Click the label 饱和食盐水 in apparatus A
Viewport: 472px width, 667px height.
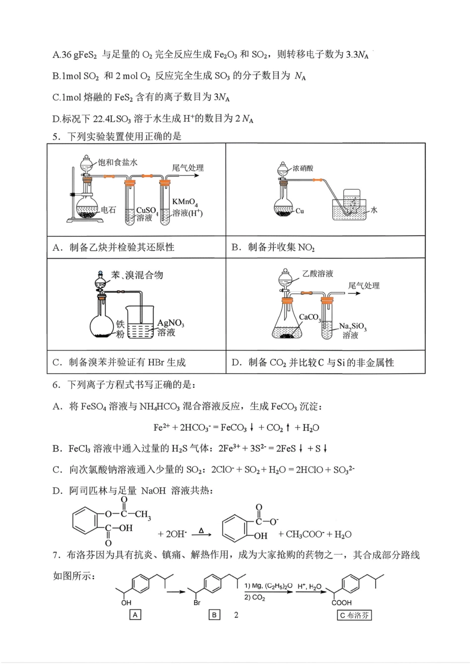[117, 162]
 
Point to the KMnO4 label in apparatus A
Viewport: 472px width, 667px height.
[185, 202]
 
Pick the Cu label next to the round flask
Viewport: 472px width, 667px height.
[300, 211]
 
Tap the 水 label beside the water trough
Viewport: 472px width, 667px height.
[374, 210]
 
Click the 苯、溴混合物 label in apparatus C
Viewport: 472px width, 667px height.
[137, 275]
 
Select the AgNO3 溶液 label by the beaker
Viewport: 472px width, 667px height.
[170, 328]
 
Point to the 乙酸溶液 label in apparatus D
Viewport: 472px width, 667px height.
[317, 273]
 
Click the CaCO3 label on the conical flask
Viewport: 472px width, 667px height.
[310, 317]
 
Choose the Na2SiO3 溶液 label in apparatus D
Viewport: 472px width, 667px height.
[353, 331]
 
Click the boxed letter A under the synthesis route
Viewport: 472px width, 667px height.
[135, 615]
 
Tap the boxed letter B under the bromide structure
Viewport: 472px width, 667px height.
[214, 615]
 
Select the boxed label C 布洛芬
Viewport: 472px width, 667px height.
[354, 615]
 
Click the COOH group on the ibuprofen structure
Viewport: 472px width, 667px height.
[342, 602]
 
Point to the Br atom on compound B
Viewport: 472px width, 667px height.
[197, 602]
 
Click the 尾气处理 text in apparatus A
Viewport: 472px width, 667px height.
[188, 168]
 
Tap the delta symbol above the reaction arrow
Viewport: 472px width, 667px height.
[201, 531]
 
